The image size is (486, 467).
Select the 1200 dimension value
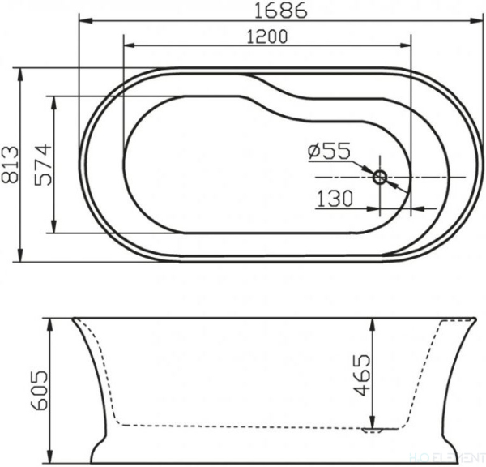(266, 36)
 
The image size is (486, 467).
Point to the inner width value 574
(42, 165)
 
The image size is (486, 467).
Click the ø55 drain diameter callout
(328, 151)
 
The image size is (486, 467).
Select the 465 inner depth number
(362, 375)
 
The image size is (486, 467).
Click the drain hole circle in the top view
(380, 176)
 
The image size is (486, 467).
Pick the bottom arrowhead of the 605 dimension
(51, 461)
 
